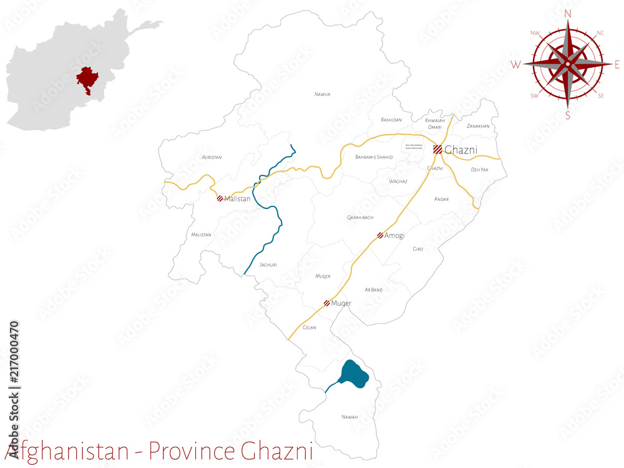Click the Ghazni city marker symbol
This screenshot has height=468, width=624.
click(x=437, y=149)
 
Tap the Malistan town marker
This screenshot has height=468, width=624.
click(x=220, y=198)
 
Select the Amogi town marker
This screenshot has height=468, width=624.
click(x=380, y=235)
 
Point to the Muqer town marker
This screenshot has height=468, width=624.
click(x=327, y=303)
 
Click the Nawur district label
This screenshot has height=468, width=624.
click(x=322, y=94)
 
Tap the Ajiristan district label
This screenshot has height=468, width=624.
click(x=212, y=157)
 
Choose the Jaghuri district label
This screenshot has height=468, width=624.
click(x=268, y=265)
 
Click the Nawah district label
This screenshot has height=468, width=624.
click(x=349, y=417)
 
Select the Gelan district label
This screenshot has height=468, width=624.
click(x=310, y=328)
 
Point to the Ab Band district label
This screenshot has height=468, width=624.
click(x=373, y=290)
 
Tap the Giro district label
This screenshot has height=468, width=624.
click(x=417, y=249)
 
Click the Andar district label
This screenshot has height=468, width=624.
click(x=441, y=199)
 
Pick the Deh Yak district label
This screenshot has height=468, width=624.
click(x=479, y=170)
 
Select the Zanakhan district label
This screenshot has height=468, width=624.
click(x=478, y=126)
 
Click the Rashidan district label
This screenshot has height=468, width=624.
click(x=391, y=119)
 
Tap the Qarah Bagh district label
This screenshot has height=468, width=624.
click(x=360, y=217)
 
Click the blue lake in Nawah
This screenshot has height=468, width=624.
click(x=354, y=374)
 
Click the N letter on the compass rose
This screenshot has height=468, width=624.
click(x=568, y=13)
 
